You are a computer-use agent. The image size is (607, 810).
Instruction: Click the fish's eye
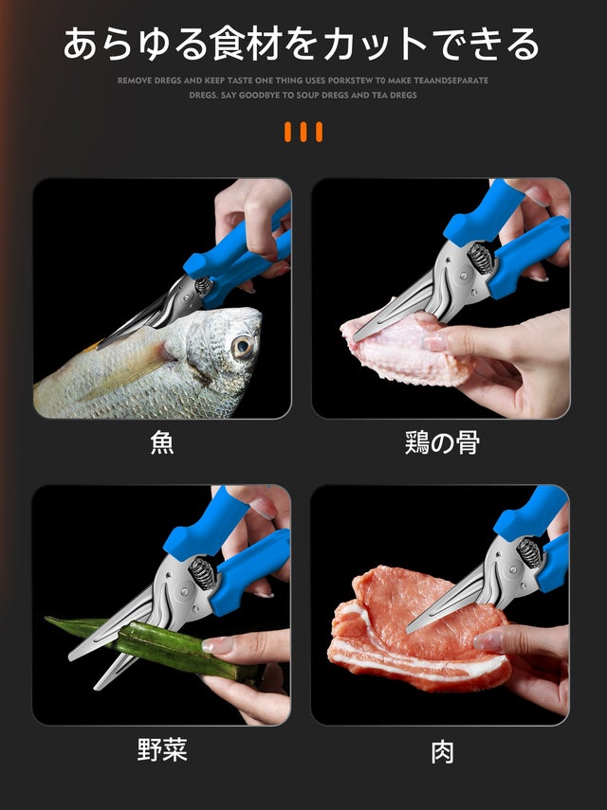click(x=243, y=347)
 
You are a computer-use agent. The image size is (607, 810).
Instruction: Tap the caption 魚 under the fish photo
click(x=162, y=442)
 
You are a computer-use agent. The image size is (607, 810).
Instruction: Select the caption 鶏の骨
click(x=442, y=442)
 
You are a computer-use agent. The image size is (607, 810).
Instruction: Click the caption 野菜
click(x=162, y=749)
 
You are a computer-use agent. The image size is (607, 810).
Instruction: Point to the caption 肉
click(x=443, y=752)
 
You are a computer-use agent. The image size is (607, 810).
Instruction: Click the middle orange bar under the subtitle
click(x=303, y=132)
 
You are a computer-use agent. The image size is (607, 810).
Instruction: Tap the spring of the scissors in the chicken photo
click(x=480, y=258)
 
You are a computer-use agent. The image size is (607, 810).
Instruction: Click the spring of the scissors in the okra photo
click(x=202, y=572)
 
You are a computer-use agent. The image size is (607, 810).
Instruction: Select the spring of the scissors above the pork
click(x=529, y=552)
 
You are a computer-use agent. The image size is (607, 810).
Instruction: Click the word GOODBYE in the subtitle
click(x=258, y=95)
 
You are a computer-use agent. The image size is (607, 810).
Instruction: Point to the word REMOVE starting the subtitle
click(x=135, y=81)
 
